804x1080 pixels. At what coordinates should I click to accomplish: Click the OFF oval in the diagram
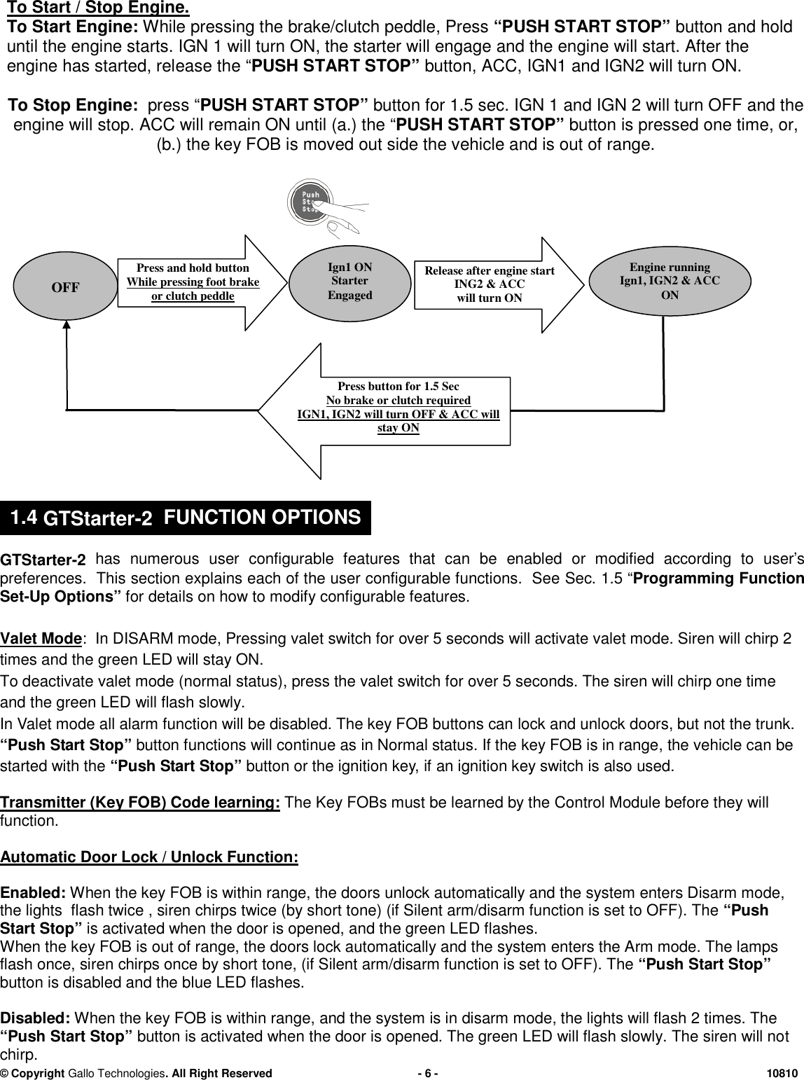click(66, 287)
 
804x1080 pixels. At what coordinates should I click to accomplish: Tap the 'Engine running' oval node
click(669, 281)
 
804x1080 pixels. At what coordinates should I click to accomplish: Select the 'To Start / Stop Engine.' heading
click(97, 9)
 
